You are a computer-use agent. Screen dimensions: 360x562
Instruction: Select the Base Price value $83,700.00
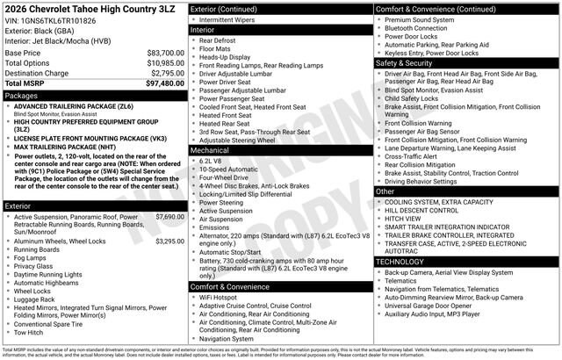click(x=165, y=53)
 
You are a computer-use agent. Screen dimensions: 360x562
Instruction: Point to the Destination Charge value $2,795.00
click(x=167, y=73)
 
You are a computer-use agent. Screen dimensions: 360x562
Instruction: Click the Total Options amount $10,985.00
click(x=165, y=63)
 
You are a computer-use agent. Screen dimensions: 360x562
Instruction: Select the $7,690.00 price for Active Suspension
click(x=169, y=216)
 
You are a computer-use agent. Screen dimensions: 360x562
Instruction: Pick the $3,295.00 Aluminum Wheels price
click(x=169, y=241)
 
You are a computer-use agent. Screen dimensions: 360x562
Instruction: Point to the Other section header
click(x=385, y=191)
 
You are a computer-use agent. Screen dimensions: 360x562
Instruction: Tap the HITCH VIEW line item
click(x=405, y=219)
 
